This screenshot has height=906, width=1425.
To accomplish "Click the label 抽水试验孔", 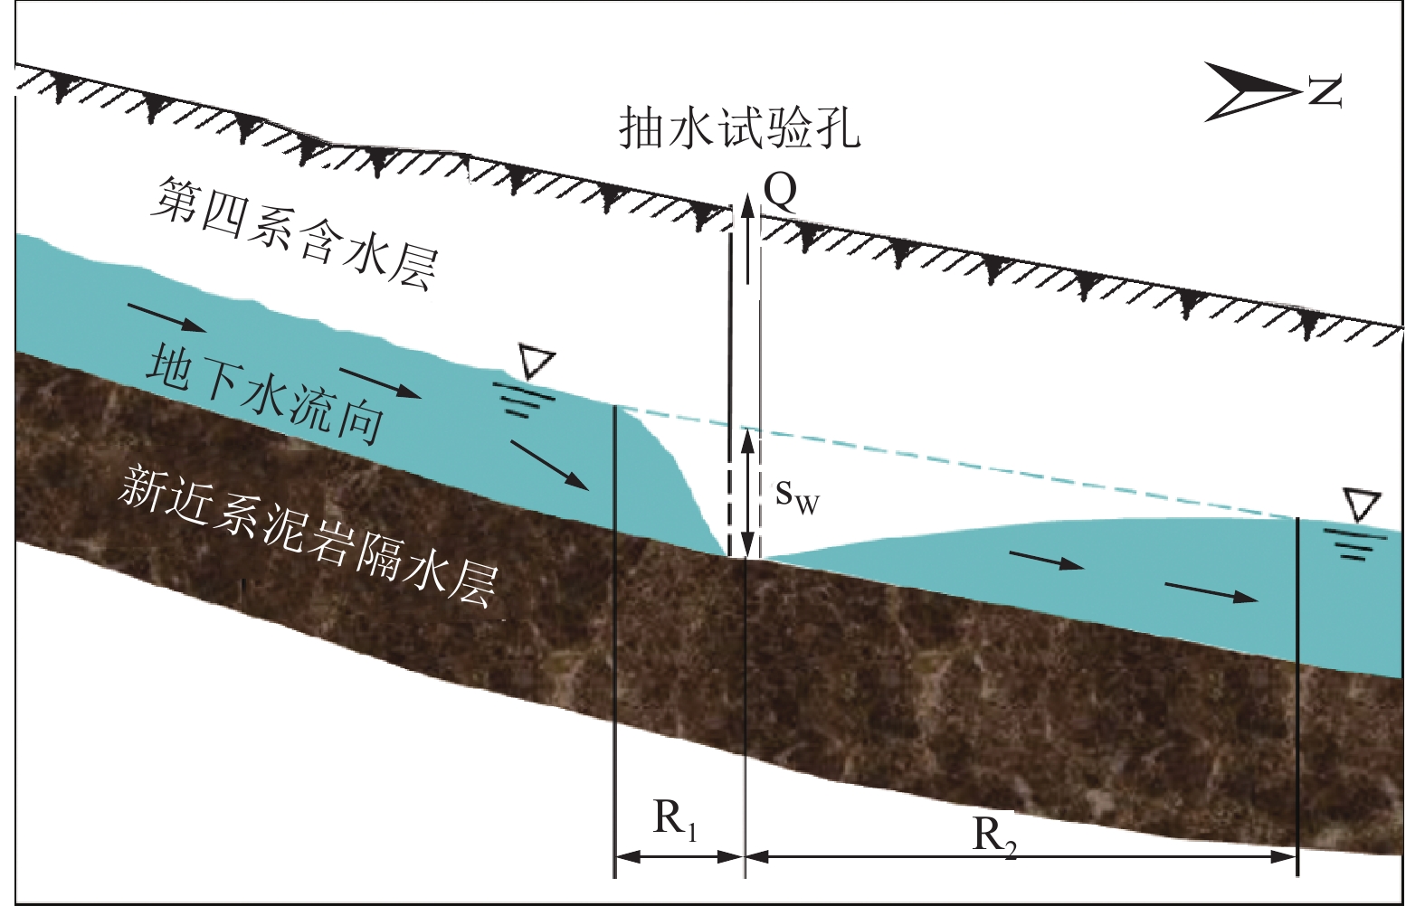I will tap(739, 127).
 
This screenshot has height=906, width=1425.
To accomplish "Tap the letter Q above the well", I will tap(781, 191).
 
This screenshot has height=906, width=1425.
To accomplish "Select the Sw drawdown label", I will tap(797, 495).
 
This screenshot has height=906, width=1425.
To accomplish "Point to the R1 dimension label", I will tap(675, 820).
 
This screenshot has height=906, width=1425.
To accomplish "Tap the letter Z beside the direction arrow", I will tap(1325, 90).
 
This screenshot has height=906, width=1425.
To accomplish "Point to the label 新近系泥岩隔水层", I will tap(308, 533).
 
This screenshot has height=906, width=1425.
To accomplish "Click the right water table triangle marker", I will tap(1362, 505).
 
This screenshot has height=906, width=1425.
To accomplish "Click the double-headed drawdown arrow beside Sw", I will tap(746, 494).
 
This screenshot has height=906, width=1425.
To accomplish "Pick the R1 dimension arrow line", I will tap(679, 855).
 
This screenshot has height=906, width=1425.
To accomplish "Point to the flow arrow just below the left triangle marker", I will tap(550, 465).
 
